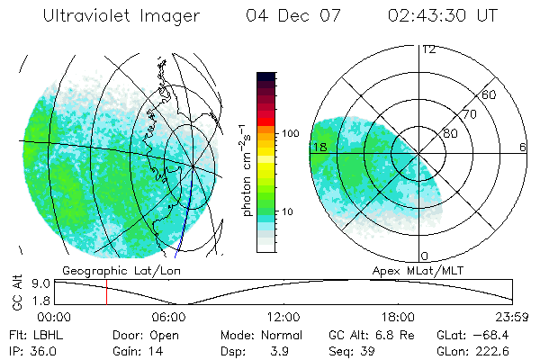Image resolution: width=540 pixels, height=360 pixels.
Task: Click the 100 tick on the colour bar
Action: pos(292,133)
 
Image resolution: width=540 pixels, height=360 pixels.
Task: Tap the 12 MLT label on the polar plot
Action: pos(428,49)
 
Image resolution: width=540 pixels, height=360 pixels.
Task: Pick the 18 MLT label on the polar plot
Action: pos(319,147)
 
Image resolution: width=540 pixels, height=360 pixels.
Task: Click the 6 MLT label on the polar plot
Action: pos(523,147)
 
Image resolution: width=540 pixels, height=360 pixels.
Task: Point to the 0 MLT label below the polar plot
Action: pos(425,256)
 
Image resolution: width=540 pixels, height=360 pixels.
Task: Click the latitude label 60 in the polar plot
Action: pos(490,94)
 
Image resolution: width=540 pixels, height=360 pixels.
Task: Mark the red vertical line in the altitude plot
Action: pos(106,292)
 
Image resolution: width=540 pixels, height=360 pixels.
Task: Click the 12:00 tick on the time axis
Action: pos(284,317)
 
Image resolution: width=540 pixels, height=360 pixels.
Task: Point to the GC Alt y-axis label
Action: pos(16,292)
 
